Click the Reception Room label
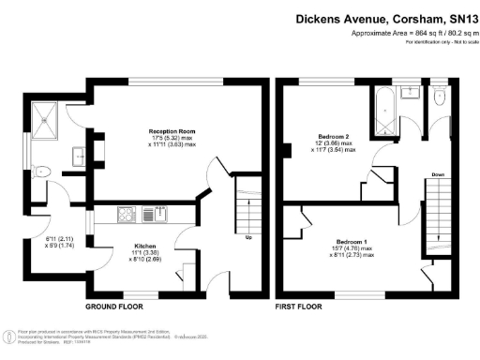[x=172, y=131]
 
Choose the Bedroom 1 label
[x=354, y=241]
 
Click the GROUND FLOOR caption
[x=114, y=307]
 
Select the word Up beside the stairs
[x=247, y=236]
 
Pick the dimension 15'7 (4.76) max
[x=354, y=248]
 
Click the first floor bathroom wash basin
[x=412, y=92]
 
